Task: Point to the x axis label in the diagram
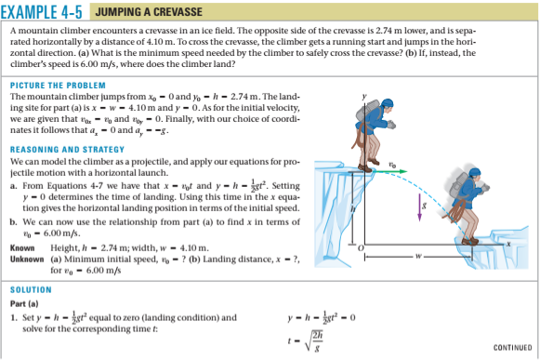511,240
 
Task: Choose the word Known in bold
21,250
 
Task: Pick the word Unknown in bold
25,260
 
